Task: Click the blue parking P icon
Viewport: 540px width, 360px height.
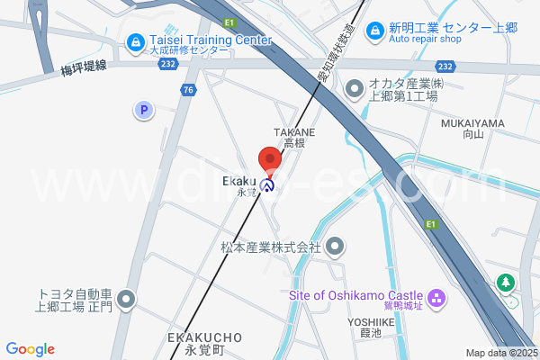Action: pos(142,111)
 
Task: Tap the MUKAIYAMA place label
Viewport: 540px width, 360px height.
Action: pos(472,122)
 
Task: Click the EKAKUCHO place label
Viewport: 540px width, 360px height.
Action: pos(204,337)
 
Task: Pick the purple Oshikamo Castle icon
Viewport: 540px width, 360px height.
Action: pos(436,297)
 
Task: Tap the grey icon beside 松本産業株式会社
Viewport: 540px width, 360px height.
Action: pos(336,245)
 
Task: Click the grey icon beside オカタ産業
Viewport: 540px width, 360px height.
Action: pos(355,88)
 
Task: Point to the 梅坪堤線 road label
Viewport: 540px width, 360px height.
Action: pos(84,67)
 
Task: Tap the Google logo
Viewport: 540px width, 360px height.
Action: pos(30,349)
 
